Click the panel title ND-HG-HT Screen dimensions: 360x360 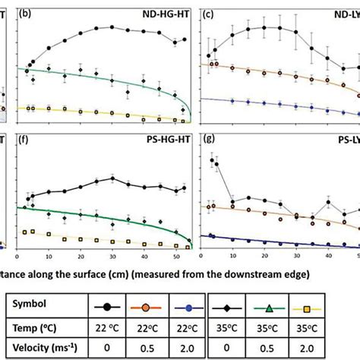point(166,13)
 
